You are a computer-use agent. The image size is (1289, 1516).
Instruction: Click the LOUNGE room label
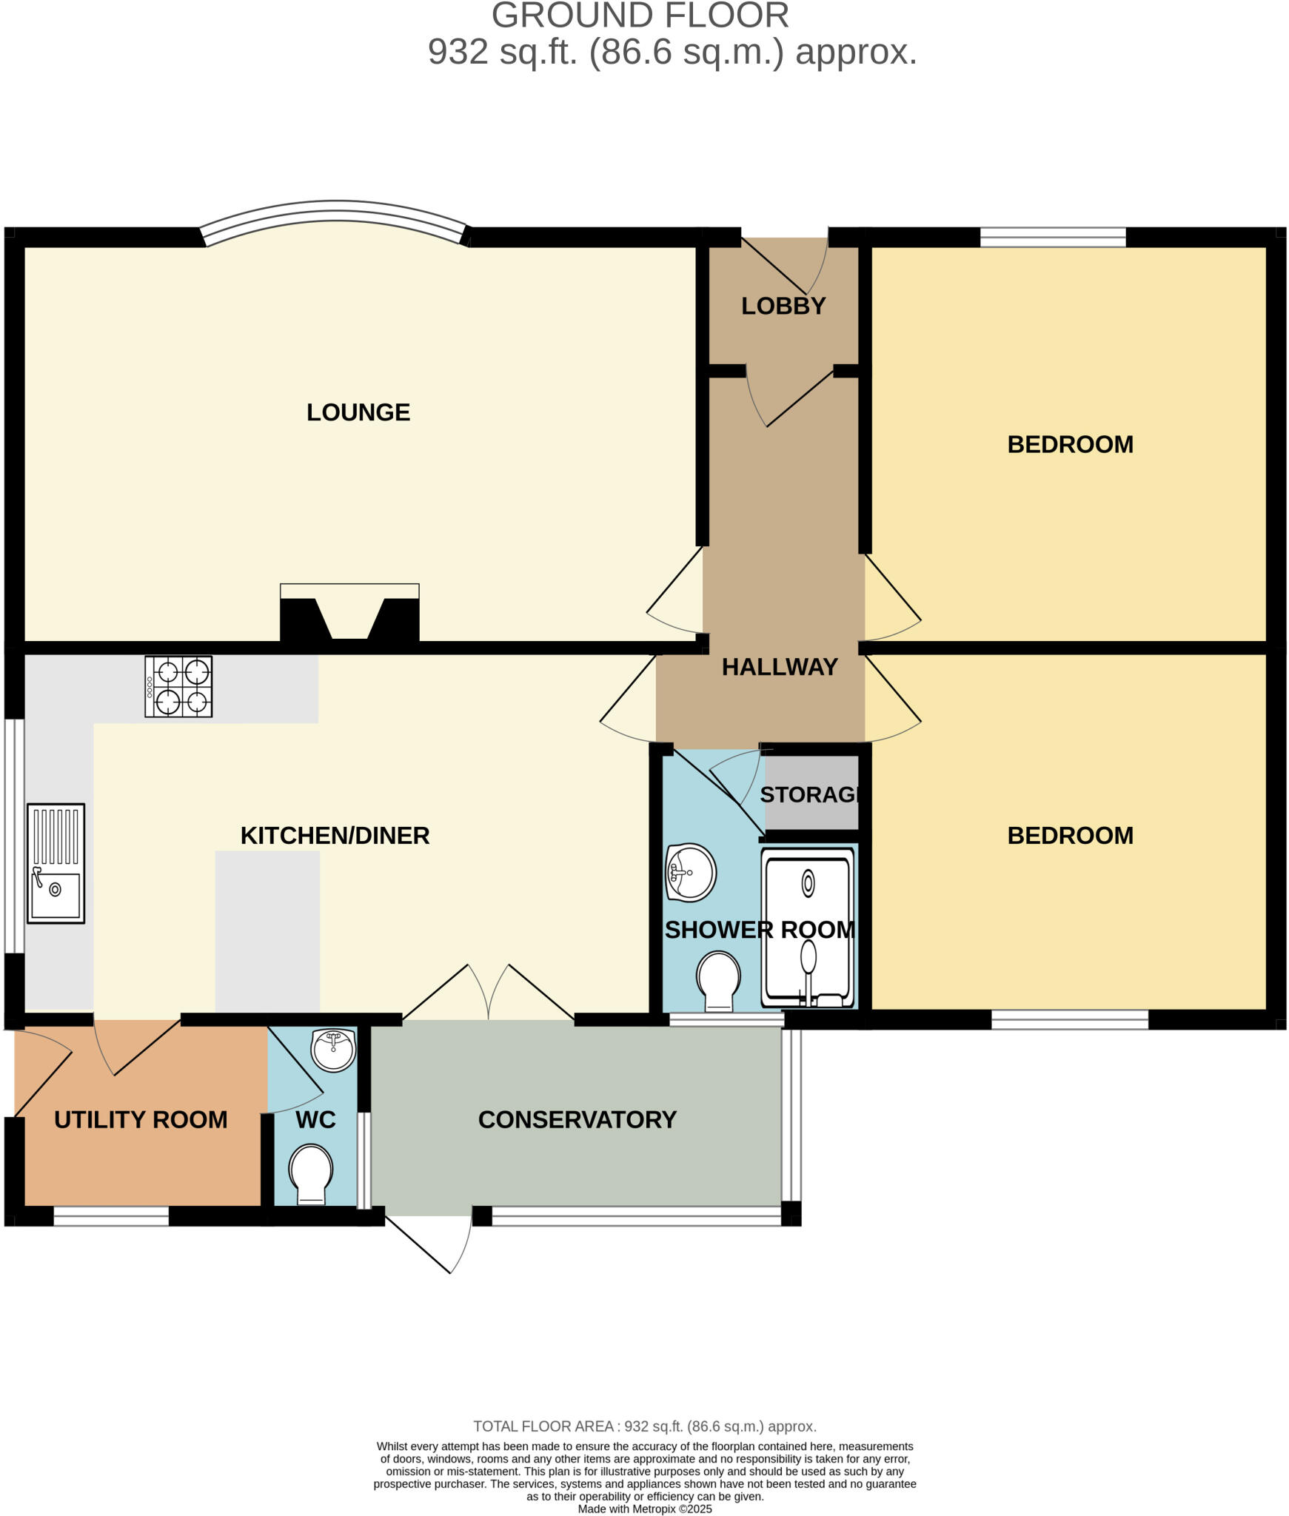pyautogui.click(x=358, y=412)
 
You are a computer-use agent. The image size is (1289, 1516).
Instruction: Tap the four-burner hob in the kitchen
pyautogui.click(x=178, y=686)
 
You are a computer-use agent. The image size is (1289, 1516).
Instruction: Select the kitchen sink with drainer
pyautogui.click(x=56, y=863)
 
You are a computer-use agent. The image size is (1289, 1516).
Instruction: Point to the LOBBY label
pyautogui.click(x=783, y=306)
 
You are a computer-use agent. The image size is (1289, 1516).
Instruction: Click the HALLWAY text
pyautogui.click(x=780, y=667)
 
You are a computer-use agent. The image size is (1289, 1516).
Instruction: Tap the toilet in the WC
pyautogui.click(x=311, y=1175)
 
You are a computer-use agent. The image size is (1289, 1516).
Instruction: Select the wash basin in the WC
pyautogui.click(x=333, y=1049)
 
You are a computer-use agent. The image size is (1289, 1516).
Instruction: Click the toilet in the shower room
pyautogui.click(x=718, y=980)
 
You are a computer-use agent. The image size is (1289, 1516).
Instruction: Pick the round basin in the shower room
pyautogui.click(x=690, y=872)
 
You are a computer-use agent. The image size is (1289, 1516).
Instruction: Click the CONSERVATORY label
pyautogui.click(x=577, y=1119)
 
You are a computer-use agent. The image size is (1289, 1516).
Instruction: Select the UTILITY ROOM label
pyautogui.click(x=141, y=1119)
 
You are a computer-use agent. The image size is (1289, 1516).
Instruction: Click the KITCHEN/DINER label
pyautogui.click(x=335, y=835)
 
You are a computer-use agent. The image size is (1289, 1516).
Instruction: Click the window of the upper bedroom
pyautogui.click(x=1052, y=238)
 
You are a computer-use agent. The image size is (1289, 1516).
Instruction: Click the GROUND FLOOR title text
pyautogui.click(x=640, y=16)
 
